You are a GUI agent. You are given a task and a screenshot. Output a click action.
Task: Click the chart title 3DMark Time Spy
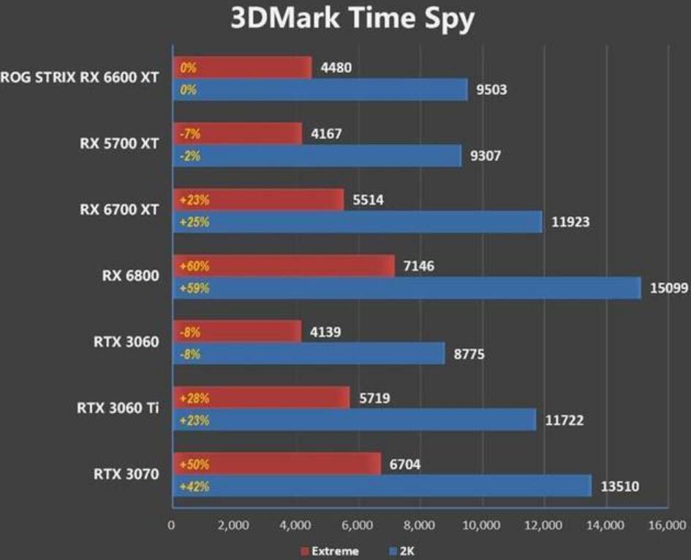[x=352, y=20]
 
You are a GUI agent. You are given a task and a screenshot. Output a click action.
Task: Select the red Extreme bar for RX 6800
[x=284, y=265]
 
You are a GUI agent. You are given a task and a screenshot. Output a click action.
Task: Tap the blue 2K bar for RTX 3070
[x=382, y=485]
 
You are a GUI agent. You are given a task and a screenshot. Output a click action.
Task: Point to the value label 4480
[x=336, y=68]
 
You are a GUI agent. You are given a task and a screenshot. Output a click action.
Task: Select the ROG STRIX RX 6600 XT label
[x=80, y=79]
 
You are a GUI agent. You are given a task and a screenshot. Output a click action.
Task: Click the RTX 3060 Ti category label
[x=117, y=408]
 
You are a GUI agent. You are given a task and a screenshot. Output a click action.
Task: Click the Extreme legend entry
[x=329, y=550]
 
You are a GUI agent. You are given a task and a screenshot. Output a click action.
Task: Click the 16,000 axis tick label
[x=667, y=525]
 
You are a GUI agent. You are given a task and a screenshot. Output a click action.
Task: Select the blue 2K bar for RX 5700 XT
[x=317, y=156]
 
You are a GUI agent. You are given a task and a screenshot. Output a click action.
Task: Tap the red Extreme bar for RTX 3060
[x=237, y=331]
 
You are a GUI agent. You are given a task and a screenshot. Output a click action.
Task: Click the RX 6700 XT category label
[x=118, y=211]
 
